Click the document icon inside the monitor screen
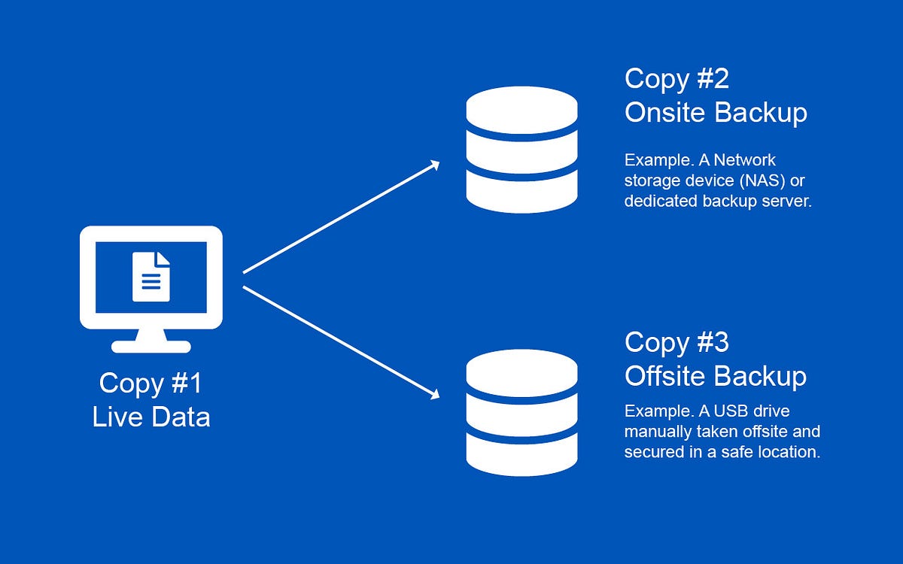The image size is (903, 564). (x=151, y=276)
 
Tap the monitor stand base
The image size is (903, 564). (x=151, y=347)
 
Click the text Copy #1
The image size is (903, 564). (x=150, y=383)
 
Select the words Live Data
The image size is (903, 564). (x=151, y=416)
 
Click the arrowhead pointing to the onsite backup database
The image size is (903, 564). (x=433, y=165)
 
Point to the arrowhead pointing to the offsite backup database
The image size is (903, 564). (x=433, y=394)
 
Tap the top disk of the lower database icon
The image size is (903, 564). (x=521, y=371)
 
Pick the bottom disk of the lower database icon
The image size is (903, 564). (x=521, y=453)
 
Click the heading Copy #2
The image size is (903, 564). (x=676, y=78)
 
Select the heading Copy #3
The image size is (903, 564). (x=676, y=342)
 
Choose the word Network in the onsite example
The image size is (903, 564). (x=744, y=160)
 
